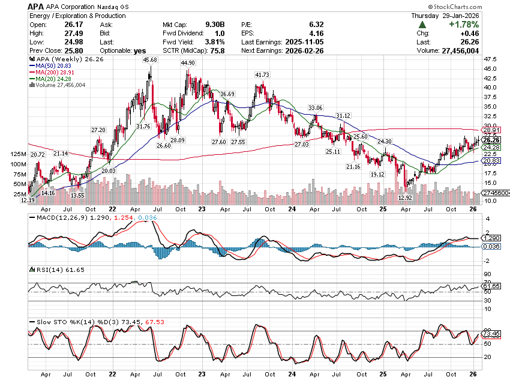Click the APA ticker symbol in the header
(35, 6)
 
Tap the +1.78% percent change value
(464, 25)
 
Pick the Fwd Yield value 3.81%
(215, 42)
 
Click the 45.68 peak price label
(150, 60)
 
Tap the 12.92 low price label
(405, 198)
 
